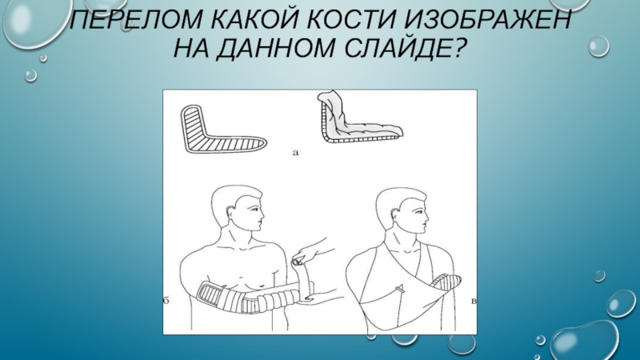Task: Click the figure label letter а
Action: point(295,153)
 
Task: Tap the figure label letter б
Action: point(166,302)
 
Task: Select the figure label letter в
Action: point(474,302)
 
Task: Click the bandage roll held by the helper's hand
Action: point(302,278)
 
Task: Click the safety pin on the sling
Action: point(402,290)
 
